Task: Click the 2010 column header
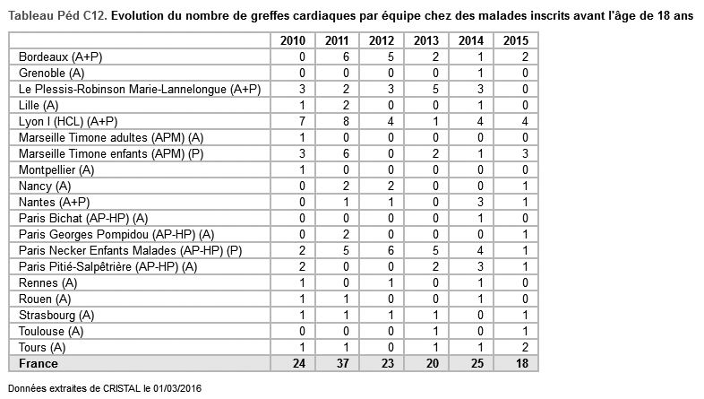pyautogui.click(x=293, y=40)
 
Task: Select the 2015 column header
pyautogui.click(x=515, y=40)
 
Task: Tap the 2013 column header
pyautogui.click(x=426, y=40)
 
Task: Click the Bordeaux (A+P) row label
pyautogui.click(x=58, y=56)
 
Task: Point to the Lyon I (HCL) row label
pyautogui.click(x=68, y=121)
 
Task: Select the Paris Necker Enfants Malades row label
pyautogui.click(x=130, y=250)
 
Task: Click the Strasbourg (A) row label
pyautogui.click(x=56, y=315)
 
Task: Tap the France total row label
pyautogui.click(x=39, y=363)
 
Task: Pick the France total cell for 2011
pyautogui.click(x=338, y=363)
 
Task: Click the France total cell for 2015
pyautogui.click(x=515, y=363)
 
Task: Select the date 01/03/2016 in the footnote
pyautogui.click(x=175, y=389)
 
